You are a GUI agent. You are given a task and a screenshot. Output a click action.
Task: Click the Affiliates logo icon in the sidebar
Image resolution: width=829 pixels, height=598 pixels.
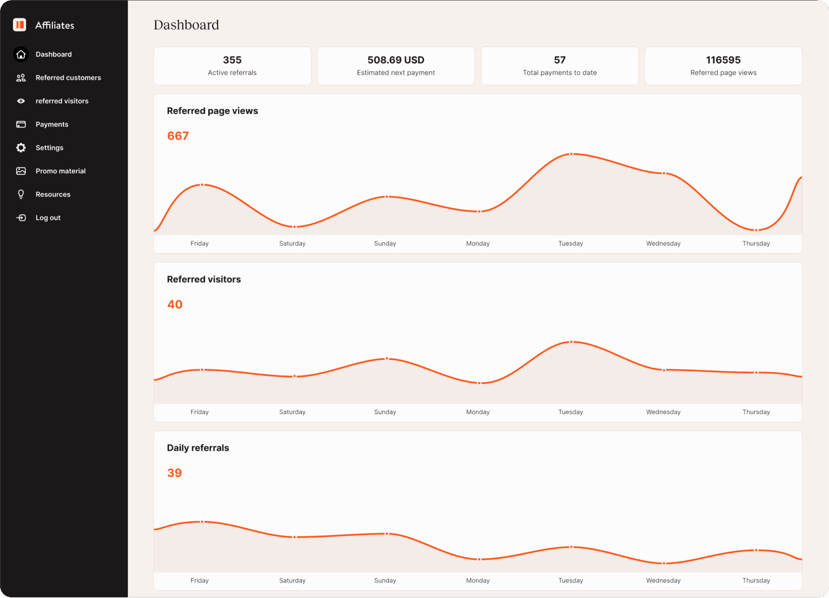point(20,25)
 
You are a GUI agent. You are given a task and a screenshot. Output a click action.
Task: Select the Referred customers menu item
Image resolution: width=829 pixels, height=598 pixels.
point(68,78)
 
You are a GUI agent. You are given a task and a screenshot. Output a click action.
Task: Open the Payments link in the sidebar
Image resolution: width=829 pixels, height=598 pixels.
point(52,125)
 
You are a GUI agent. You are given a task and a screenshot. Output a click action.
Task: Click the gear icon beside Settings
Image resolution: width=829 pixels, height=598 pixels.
point(21,148)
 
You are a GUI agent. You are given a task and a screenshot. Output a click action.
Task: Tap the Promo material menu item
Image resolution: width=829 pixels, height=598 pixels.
point(60,171)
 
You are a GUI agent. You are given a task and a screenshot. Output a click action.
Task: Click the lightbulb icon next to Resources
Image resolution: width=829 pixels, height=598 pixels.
point(21,194)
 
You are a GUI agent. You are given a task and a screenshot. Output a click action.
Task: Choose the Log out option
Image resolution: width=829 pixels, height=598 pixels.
point(48,218)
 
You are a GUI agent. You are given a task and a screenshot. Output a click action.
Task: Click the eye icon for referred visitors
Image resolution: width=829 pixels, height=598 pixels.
point(21,101)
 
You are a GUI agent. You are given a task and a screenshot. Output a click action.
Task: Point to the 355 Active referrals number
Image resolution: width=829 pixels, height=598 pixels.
point(232,60)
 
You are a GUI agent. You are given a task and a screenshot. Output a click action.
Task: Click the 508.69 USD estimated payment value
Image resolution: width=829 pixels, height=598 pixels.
point(395,60)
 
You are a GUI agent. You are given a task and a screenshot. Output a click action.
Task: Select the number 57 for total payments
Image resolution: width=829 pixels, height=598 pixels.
point(559,60)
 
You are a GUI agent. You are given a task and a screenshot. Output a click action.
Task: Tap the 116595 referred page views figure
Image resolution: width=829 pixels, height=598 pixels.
point(723,60)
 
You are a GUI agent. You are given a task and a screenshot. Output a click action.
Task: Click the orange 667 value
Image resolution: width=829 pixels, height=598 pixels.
point(178,136)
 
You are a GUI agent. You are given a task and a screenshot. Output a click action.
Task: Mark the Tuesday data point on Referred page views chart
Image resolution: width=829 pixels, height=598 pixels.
point(571,154)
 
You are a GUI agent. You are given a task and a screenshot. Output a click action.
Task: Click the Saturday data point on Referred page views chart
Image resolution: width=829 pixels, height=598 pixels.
point(295,226)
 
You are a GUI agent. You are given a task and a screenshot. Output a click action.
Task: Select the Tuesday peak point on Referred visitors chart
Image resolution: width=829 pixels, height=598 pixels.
point(571,342)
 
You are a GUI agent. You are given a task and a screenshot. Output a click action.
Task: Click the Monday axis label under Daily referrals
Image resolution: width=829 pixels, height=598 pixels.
point(477,580)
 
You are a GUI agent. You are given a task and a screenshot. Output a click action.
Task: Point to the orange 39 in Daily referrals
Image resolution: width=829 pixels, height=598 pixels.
point(174,473)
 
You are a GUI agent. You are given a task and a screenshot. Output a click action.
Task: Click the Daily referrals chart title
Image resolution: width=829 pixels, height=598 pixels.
point(198,448)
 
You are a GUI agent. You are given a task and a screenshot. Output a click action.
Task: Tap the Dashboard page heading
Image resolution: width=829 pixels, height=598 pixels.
point(186,25)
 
